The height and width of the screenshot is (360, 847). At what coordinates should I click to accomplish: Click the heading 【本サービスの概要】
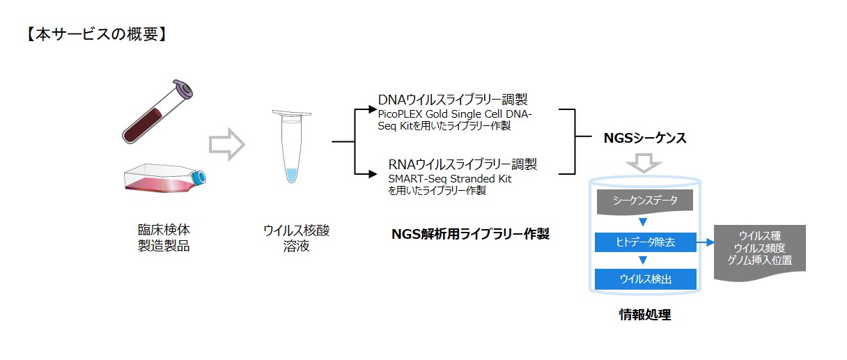coord(97,34)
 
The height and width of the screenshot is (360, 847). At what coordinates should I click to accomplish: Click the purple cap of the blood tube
coord(183,89)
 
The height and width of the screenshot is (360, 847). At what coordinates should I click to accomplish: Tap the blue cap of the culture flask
coord(199,178)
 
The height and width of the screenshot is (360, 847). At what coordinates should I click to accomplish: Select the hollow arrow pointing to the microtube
coord(227,144)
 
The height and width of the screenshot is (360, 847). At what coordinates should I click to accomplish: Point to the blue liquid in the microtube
coord(292,175)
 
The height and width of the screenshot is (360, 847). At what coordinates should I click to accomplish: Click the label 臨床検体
coord(164,230)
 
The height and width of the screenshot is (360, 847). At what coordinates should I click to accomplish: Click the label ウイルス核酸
coord(297,230)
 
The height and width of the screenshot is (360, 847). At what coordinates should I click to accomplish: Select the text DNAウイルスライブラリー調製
coord(453,100)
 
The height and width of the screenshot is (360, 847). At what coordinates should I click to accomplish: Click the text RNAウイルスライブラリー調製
coord(463,164)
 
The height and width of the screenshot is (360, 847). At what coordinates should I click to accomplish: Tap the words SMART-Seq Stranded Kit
coord(449,178)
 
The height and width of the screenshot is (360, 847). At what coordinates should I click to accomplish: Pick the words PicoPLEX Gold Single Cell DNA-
coord(455,114)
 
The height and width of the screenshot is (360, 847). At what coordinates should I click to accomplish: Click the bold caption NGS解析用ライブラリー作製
coord(470,234)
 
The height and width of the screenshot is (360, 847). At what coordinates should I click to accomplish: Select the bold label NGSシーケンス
coord(645,138)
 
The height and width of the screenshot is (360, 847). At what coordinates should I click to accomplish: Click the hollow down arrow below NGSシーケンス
coord(644,164)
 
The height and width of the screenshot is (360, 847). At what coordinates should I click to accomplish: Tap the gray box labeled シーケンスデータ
coord(645,201)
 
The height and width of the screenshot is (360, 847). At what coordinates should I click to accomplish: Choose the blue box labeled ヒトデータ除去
coord(646,242)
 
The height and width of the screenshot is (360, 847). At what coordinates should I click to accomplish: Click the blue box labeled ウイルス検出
coord(646,279)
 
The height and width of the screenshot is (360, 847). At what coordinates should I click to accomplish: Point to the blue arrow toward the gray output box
coord(705,242)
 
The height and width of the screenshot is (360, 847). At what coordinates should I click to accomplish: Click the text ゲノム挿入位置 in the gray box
coord(760,260)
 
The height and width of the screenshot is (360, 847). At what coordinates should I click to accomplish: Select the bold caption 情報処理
coord(645,315)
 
